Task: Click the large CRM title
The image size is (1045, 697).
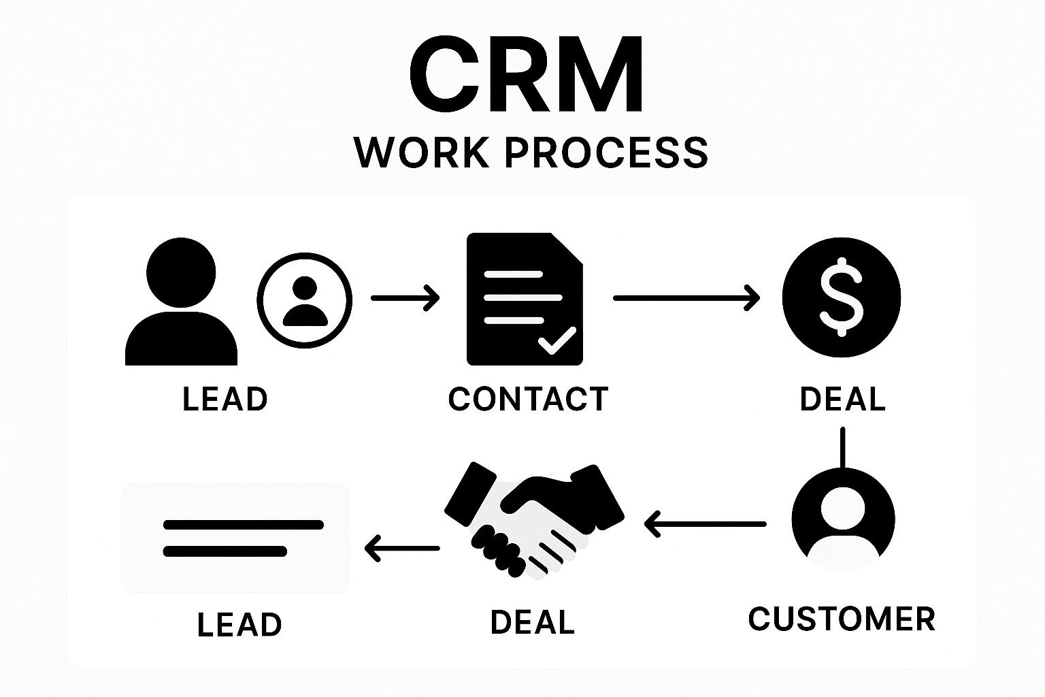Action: [x=526, y=75]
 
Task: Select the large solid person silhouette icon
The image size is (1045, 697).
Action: [x=182, y=303]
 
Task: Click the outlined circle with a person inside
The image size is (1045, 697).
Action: [x=305, y=299]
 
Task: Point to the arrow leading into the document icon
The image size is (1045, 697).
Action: [x=405, y=298]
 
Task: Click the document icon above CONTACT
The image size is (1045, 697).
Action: [x=525, y=299]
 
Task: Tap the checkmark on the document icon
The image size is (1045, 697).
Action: [x=557, y=340]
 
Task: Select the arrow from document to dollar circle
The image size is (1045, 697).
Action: [x=686, y=298]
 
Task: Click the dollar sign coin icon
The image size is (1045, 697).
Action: [x=842, y=297]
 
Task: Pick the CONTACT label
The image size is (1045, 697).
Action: [x=528, y=399]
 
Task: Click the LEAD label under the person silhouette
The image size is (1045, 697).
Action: [x=225, y=399]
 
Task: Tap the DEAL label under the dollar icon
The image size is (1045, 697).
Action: [x=842, y=399]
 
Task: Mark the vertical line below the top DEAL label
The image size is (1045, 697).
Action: [x=843, y=447]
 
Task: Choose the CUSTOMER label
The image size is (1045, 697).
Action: [x=842, y=619]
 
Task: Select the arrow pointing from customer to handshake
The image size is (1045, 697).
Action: [x=705, y=524]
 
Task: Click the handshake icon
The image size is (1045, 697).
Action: [x=534, y=521]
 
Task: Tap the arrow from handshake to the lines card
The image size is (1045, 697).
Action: [x=402, y=548]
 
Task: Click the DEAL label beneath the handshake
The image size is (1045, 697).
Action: [x=533, y=622]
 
